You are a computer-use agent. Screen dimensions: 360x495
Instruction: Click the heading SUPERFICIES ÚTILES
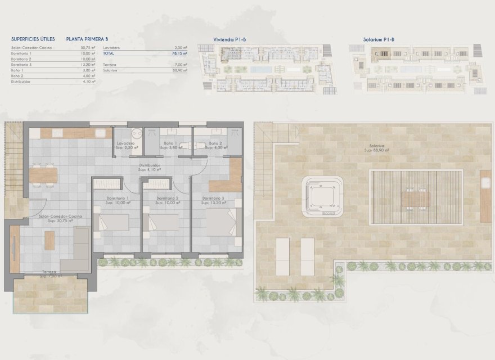(x=33, y=39)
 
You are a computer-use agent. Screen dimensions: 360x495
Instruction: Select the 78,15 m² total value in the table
(x=180, y=53)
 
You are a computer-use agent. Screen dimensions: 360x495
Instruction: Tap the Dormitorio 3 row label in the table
(x=21, y=65)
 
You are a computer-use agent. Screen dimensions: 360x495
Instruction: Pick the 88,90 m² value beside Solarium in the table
(x=180, y=70)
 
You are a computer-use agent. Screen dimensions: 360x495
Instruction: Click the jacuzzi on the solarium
(x=322, y=197)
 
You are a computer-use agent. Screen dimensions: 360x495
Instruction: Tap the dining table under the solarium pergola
(x=415, y=199)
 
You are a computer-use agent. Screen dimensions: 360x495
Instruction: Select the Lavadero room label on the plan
(x=125, y=144)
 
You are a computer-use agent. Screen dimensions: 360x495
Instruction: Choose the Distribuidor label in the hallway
(x=150, y=166)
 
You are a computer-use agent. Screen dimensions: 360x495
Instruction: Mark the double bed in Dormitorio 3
(x=219, y=221)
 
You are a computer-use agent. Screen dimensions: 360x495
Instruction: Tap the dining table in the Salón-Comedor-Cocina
(x=44, y=175)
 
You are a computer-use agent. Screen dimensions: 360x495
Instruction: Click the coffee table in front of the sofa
(x=49, y=240)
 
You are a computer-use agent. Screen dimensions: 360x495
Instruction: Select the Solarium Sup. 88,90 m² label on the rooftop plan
(x=375, y=148)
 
